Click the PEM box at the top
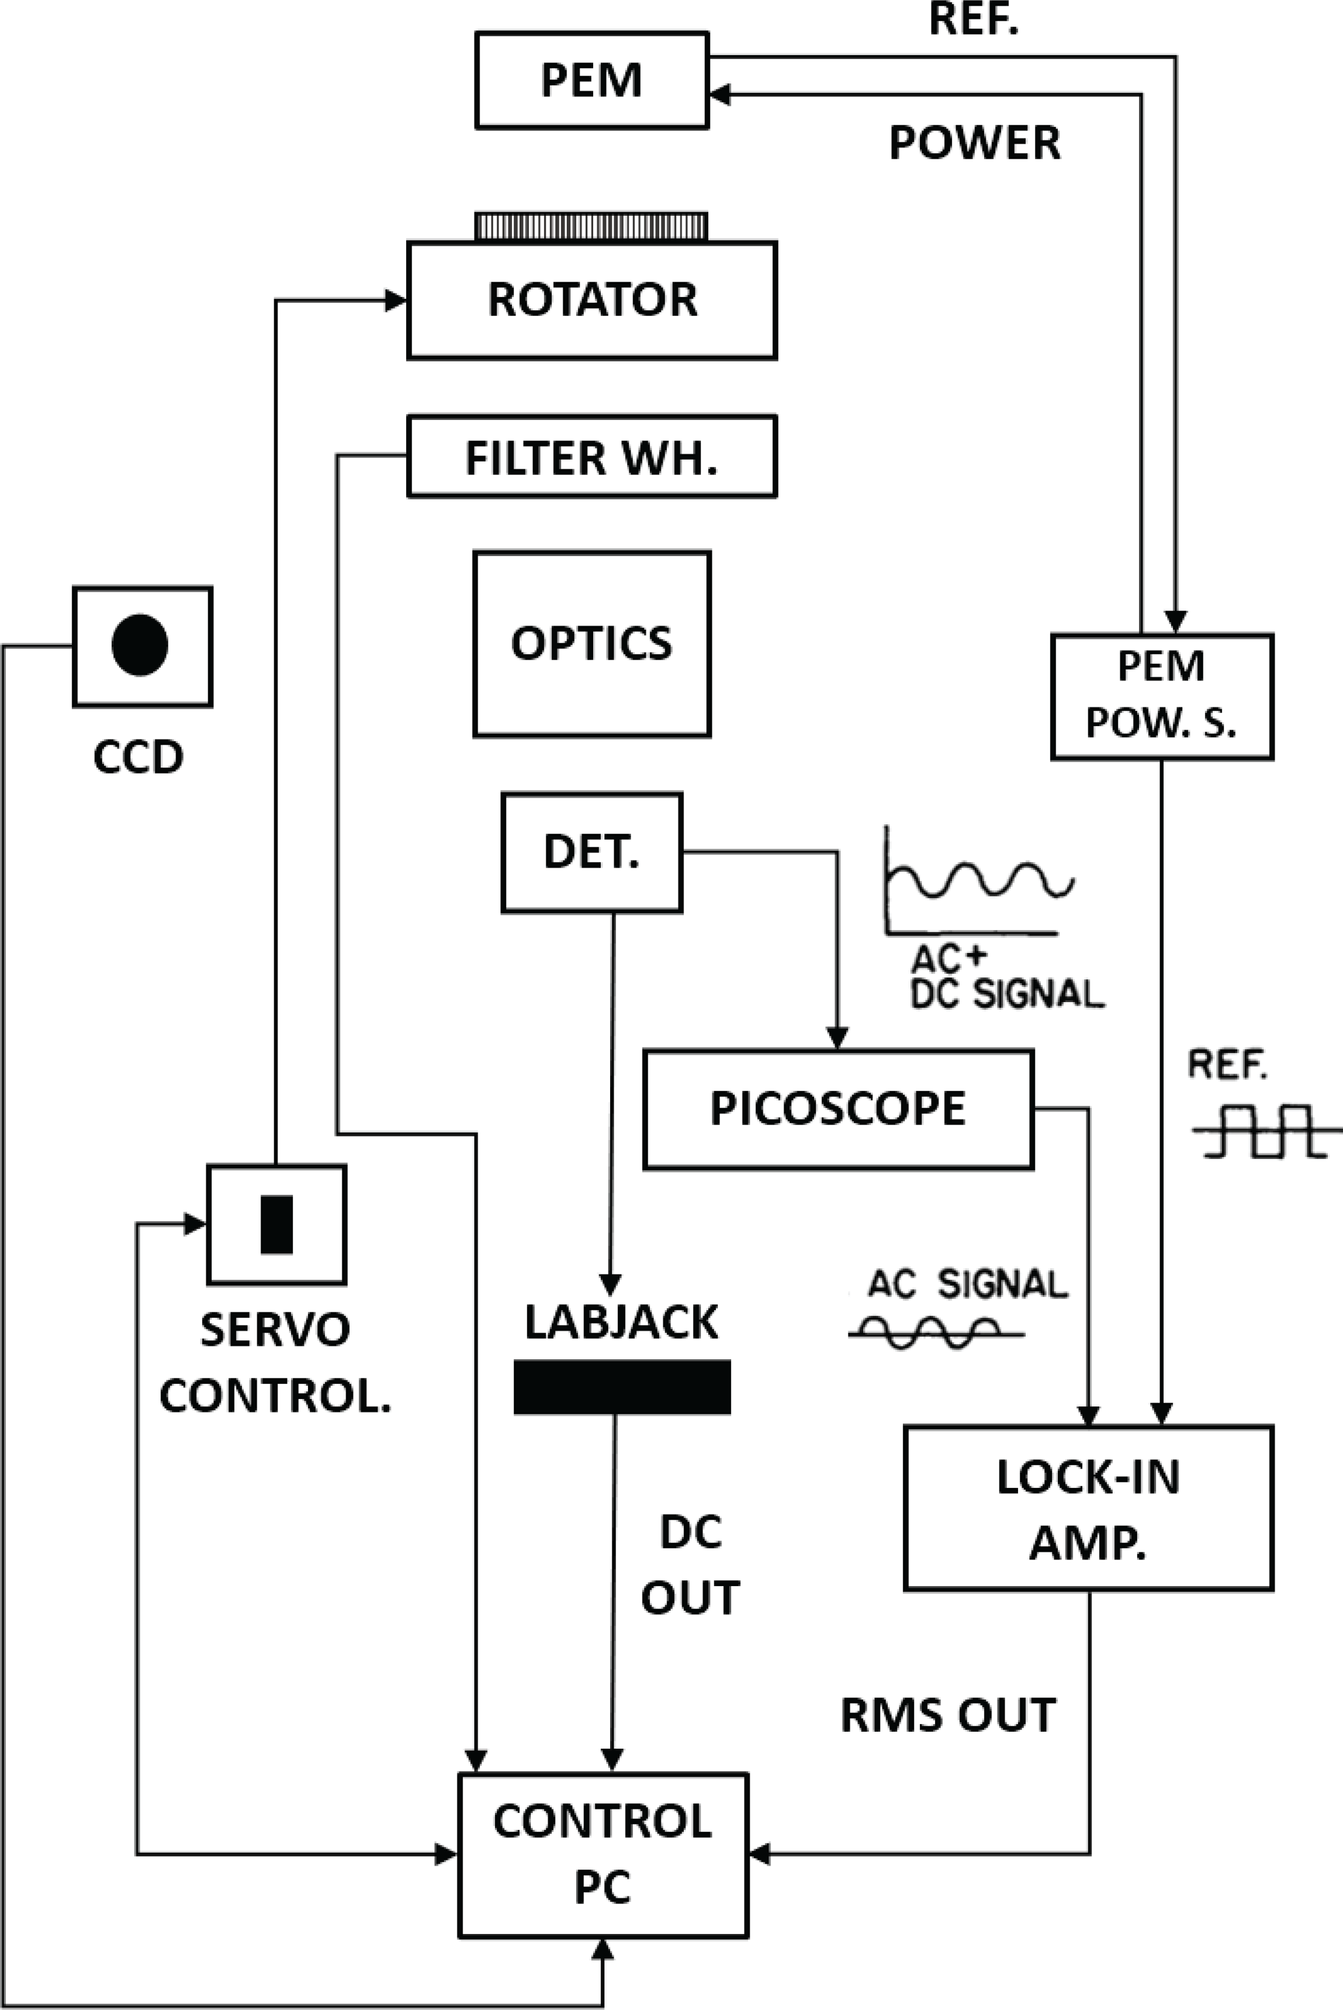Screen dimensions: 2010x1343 [x=592, y=81]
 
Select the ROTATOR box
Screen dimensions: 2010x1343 [x=592, y=300]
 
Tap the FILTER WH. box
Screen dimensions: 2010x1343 [x=592, y=456]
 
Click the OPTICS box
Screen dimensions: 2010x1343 [x=592, y=644]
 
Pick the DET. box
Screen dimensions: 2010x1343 [x=592, y=852]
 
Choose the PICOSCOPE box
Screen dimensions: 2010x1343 [x=838, y=1108]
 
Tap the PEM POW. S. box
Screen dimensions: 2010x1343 [x=1162, y=696]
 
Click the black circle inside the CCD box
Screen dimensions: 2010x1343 [x=140, y=645]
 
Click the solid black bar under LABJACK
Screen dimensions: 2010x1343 [x=622, y=1387]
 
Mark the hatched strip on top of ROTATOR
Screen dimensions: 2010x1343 [x=592, y=227]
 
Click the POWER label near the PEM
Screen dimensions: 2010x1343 [x=975, y=142]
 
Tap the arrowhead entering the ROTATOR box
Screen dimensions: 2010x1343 [x=396, y=301]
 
